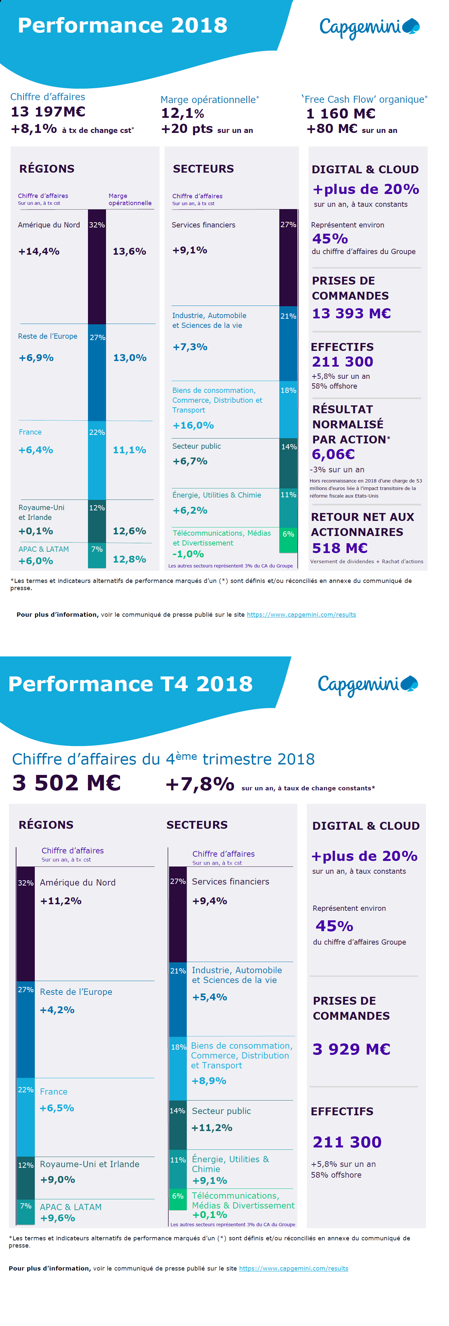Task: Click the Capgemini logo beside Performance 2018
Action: [x=369, y=27]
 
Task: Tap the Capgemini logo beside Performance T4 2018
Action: [x=367, y=685]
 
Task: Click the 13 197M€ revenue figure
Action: [x=48, y=112]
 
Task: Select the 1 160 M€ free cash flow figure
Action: [x=340, y=114]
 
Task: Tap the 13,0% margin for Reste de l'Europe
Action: [x=130, y=358]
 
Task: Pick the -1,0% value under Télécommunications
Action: [x=188, y=554]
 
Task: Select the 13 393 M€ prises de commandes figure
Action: [x=351, y=313]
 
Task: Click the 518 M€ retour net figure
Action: [x=339, y=548]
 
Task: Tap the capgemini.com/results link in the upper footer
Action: [x=301, y=615]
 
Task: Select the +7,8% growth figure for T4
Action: [x=200, y=784]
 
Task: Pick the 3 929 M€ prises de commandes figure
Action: [x=351, y=1049]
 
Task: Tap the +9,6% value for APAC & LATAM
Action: [x=58, y=1218]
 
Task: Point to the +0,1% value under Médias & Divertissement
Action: [x=210, y=1215]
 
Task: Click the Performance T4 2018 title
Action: [x=130, y=684]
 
